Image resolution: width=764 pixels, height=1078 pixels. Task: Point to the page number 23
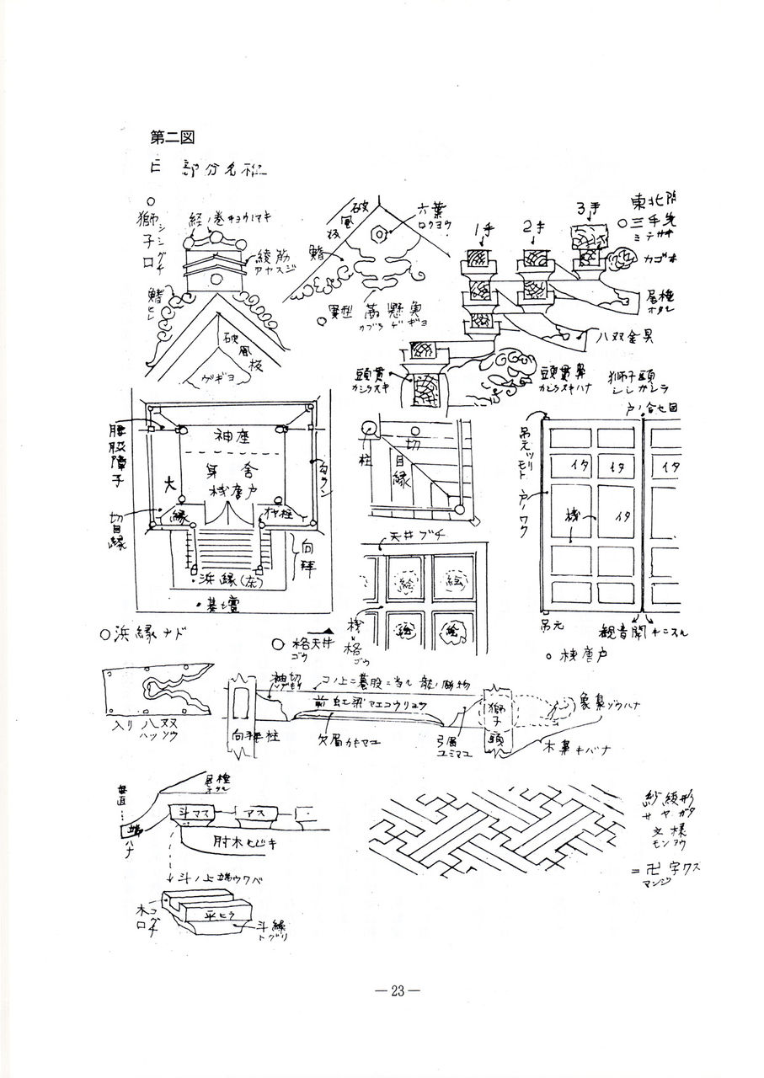[397, 991]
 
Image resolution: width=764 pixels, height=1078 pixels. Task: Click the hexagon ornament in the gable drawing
[382, 232]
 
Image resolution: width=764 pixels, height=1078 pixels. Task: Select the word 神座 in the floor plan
[231, 436]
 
